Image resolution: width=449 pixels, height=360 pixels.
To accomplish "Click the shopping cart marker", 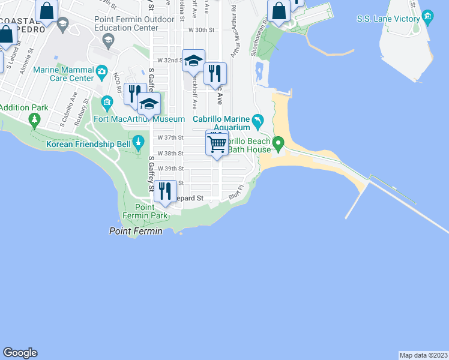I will (x=217, y=143).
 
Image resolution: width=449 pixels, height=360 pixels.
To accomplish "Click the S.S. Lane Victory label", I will (x=388, y=19).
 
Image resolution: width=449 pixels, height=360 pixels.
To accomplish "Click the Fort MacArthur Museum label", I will (x=130, y=119).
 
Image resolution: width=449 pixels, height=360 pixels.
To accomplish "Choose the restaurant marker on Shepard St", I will (x=165, y=191).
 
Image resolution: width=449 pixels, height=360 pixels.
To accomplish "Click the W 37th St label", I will (x=170, y=137).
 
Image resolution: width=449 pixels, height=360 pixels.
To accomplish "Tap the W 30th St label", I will (x=201, y=29).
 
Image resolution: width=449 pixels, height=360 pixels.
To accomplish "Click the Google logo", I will (x=20, y=352).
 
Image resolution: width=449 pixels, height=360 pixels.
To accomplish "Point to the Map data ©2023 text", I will (x=423, y=355).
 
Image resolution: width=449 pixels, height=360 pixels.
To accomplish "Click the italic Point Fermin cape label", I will (x=136, y=231).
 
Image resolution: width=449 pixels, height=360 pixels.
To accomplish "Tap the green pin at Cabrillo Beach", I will (x=278, y=144).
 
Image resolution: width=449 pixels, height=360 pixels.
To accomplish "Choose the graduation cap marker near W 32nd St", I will (x=193, y=61).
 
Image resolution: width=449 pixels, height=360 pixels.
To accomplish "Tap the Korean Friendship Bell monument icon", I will (x=139, y=143).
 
